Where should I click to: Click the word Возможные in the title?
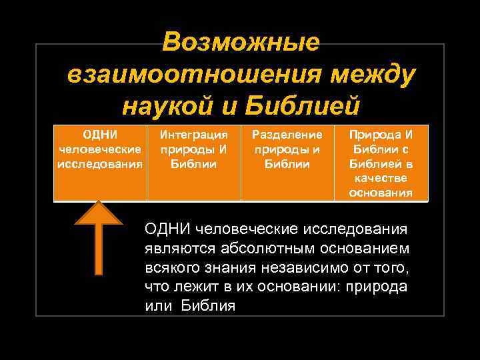coord(241,43)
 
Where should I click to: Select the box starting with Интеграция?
coord(193,161)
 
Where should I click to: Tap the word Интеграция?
coord(193,134)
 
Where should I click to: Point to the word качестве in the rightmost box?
coord(381,178)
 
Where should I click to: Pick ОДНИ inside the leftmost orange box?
coord(100,134)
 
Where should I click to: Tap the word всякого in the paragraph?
coord(167,268)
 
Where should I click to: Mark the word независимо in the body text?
coord(297,268)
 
